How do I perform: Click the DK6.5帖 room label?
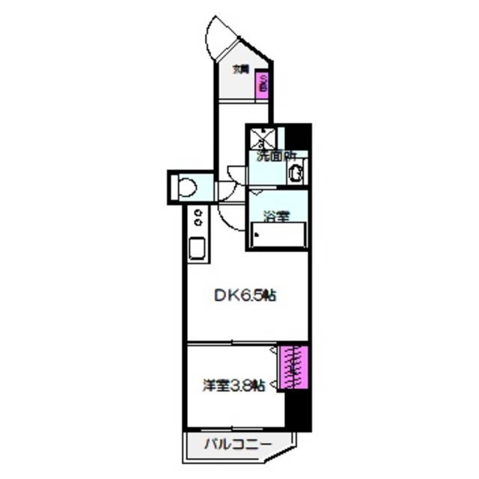245,296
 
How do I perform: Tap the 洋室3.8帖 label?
234,385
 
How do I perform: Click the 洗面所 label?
276,157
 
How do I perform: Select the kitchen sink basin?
198,248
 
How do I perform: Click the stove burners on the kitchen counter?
198,217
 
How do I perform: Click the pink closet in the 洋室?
293,367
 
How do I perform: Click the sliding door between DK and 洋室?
232,343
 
